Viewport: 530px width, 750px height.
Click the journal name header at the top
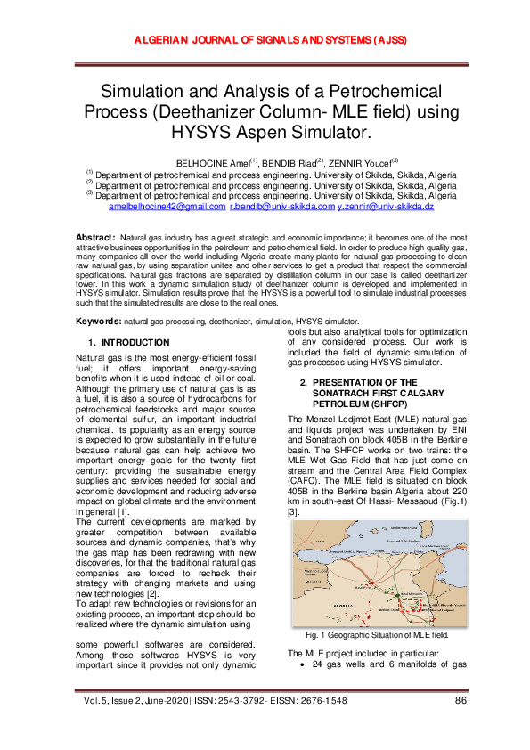(x=265, y=41)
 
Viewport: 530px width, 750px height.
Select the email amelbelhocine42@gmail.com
(x=167, y=206)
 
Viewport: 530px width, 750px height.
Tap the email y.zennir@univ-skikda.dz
(x=385, y=206)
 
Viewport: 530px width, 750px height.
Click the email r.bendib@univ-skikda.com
(x=281, y=206)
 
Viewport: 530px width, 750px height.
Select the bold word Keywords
(x=97, y=320)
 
